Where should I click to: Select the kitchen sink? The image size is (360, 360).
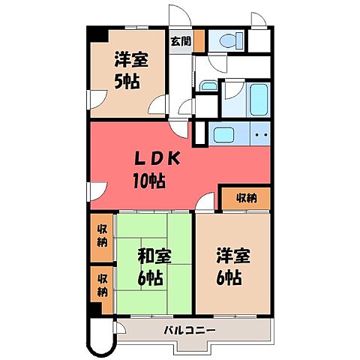point(224,135)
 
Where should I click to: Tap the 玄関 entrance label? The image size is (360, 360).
point(179,40)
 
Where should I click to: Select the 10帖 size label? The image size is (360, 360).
point(150,180)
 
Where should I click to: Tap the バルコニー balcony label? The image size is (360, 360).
point(190,330)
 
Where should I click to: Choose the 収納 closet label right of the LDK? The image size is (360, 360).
point(245,198)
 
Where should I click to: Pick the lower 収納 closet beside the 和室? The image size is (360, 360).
point(101,283)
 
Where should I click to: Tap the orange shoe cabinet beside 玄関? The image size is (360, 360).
point(199,41)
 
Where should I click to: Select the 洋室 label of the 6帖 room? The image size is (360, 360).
point(230,256)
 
